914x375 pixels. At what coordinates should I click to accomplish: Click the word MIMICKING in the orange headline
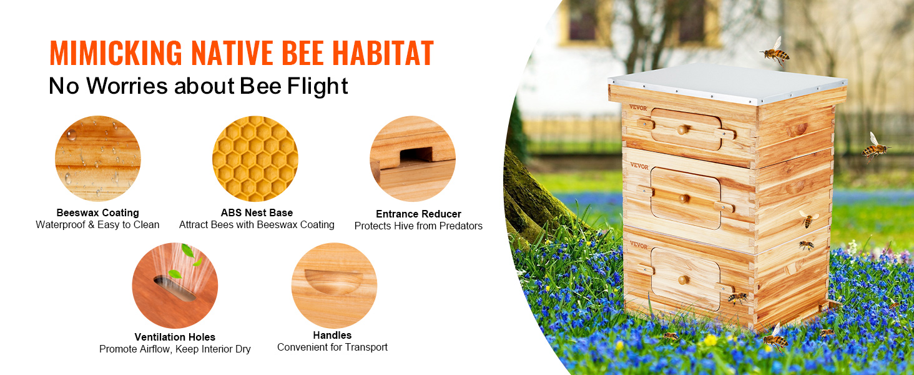click(116, 52)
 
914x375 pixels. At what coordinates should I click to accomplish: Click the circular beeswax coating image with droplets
click(98, 159)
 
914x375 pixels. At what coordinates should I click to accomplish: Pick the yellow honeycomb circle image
click(255, 159)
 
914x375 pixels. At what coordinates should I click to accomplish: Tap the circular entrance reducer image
click(413, 159)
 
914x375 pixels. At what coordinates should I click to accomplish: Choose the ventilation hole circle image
click(175, 286)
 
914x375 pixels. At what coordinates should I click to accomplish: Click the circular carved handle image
click(334, 286)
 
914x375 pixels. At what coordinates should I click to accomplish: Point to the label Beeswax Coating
click(98, 213)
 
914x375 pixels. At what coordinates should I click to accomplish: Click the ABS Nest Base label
click(257, 213)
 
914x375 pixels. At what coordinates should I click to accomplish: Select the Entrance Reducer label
click(419, 214)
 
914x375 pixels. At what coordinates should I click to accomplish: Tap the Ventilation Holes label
click(175, 337)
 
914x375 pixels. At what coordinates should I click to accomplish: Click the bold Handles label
click(332, 336)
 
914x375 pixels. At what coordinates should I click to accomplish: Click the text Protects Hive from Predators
click(419, 226)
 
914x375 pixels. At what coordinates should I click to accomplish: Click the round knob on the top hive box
click(682, 130)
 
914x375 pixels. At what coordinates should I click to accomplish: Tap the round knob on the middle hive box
click(682, 199)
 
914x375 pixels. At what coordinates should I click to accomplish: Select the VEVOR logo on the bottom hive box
click(639, 245)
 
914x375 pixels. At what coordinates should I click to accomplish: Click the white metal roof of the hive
click(726, 83)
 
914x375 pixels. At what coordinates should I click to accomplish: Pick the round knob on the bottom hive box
click(682, 280)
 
